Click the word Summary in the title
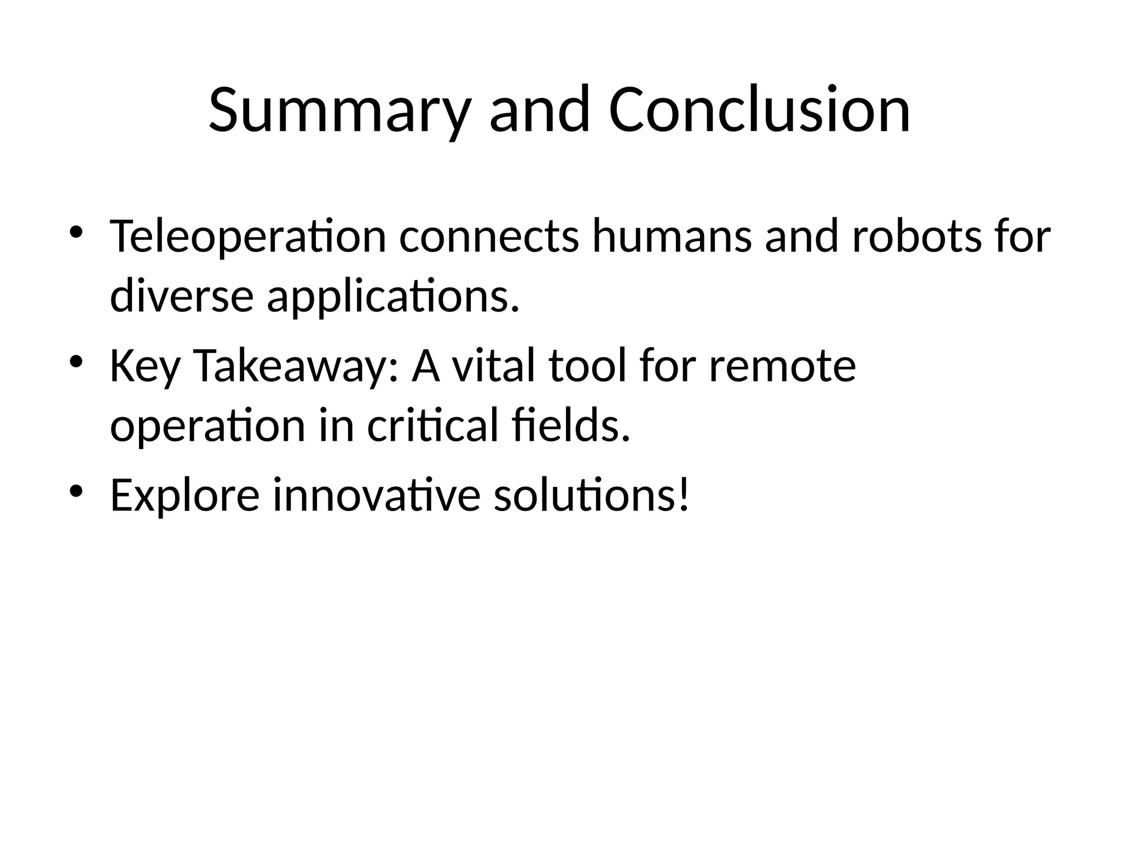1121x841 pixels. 339,111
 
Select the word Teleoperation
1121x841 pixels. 248,237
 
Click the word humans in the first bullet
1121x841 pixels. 672,237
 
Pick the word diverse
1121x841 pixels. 182,296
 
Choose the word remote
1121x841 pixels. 782,366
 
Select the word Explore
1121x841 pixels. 184,496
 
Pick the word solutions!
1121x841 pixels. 591,496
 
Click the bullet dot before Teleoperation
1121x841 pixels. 76,232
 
